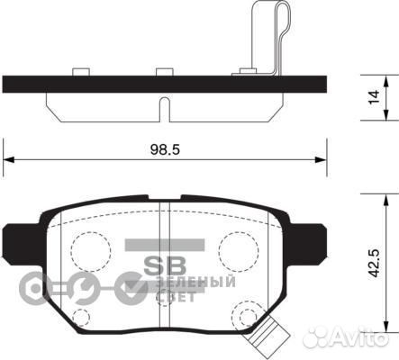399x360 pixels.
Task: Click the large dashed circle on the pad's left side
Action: pos(88,247)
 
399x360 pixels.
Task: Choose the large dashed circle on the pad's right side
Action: pos(237,247)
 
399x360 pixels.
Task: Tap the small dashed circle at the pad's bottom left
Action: pos(81,317)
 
